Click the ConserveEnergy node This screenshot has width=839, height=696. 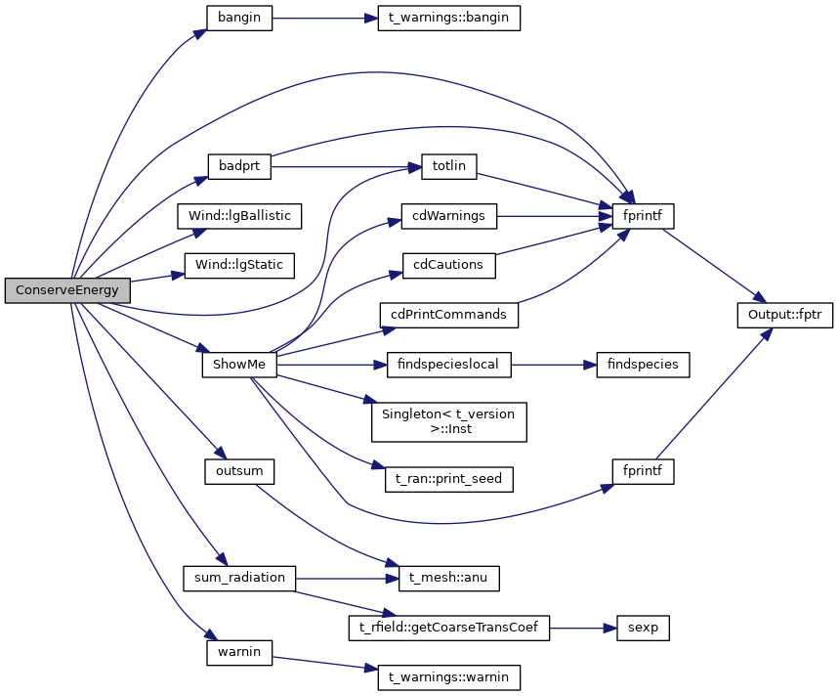click(x=67, y=290)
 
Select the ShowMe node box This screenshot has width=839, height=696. click(x=240, y=365)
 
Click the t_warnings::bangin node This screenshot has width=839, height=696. click(x=448, y=18)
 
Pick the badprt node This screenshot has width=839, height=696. click(x=238, y=166)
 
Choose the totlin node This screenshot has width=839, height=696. click(x=448, y=166)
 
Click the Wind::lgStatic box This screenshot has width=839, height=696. click(x=239, y=264)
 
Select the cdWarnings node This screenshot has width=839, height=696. click(x=449, y=215)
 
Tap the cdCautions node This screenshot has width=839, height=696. click(x=449, y=264)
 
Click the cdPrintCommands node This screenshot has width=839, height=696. click(x=448, y=315)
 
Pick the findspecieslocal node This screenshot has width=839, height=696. click(x=449, y=365)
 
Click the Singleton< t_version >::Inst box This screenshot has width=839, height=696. click(x=448, y=420)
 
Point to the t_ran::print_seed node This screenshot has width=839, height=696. click(x=448, y=478)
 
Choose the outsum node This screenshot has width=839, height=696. click(x=239, y=471)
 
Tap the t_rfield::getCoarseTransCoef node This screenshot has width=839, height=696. click(x=448, y=628)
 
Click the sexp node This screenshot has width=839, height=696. click(x=643, y=628)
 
